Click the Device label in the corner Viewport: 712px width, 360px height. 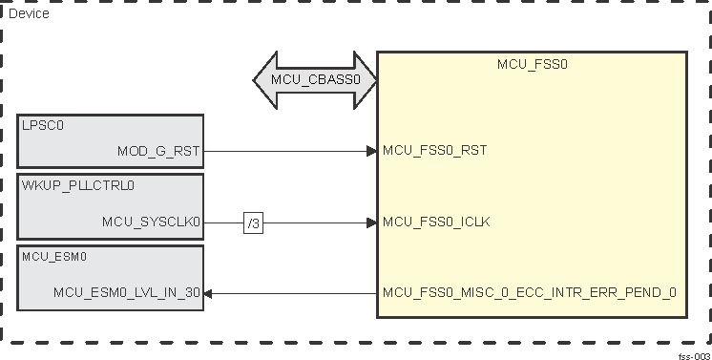(29, 14)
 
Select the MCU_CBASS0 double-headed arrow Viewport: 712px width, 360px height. (316, 80)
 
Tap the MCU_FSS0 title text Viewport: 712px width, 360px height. (533, 64)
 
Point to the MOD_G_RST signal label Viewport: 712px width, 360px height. (158, 151)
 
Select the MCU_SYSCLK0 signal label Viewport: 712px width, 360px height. (152, 222)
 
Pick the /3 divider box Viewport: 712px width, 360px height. (253, 222)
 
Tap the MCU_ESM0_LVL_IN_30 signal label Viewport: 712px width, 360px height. (127, 293)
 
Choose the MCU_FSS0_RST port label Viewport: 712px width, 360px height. (434, 151)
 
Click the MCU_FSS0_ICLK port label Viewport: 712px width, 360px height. (437, 222)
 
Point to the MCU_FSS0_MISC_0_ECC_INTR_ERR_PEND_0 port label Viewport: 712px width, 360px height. (529, 293)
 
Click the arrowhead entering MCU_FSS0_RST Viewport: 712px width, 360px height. (372, 151)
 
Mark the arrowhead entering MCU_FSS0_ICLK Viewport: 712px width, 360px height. (372, 222)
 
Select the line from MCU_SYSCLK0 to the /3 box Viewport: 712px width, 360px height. (224, 222)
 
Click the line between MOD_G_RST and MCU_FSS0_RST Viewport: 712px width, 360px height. (286, 151)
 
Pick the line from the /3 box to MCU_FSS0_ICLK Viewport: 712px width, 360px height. (315, 222)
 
